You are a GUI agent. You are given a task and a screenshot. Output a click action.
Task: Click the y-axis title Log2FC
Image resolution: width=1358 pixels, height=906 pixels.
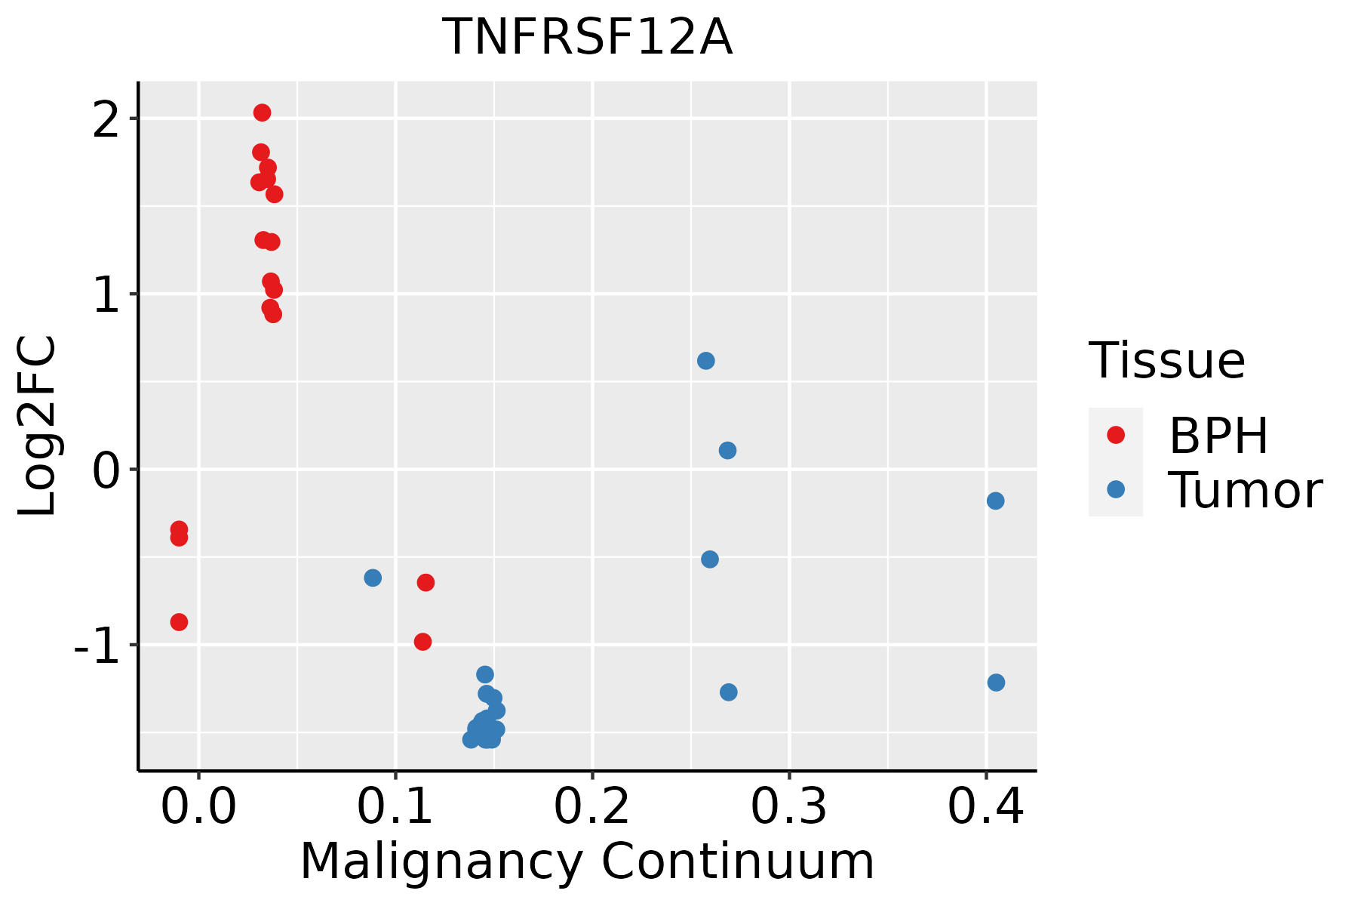tap(38, 427)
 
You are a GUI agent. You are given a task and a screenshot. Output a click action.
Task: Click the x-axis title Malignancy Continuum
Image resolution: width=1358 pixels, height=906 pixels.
tap(587, 862)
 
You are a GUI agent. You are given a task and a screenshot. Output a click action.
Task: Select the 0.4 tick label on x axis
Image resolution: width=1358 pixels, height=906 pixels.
tap(985, 808)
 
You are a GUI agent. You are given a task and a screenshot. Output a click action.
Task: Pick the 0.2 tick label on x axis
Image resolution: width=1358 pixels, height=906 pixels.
tap(592, 808)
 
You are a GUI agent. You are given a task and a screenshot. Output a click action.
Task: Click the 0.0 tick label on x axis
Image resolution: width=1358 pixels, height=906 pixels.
tap(198, 808)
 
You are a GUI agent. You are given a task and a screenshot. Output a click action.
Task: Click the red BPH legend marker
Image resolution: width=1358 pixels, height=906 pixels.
tap(1115, 435)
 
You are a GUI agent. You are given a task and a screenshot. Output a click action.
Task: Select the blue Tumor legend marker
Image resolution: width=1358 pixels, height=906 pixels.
tap(1115, 489)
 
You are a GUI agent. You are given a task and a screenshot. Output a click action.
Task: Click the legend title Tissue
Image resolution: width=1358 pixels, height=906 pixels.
tap(1166, 361)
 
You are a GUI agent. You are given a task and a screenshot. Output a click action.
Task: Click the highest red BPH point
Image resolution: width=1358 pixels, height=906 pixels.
tap(262, 112)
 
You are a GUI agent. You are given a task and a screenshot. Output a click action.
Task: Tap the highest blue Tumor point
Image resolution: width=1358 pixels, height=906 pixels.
tap(705, 361)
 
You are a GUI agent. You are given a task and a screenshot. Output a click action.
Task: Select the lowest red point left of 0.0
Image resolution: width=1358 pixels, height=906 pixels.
tap(179, 622)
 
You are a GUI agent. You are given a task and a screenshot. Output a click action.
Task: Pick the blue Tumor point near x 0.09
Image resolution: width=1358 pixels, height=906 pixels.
tap(373, 578)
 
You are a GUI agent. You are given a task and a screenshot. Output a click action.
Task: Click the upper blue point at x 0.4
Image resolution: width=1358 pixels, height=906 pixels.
tap(995, 501)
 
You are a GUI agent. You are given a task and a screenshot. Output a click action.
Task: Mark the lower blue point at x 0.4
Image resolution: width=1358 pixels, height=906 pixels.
tap(996, 683)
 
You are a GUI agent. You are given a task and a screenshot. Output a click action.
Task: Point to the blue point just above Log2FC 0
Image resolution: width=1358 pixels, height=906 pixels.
tap(727, 451)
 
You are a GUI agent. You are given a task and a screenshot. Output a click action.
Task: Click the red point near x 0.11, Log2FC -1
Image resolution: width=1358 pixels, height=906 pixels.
tap(422, 642)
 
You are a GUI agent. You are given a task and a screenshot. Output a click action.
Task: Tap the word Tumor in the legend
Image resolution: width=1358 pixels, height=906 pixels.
tap(1245, 491)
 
